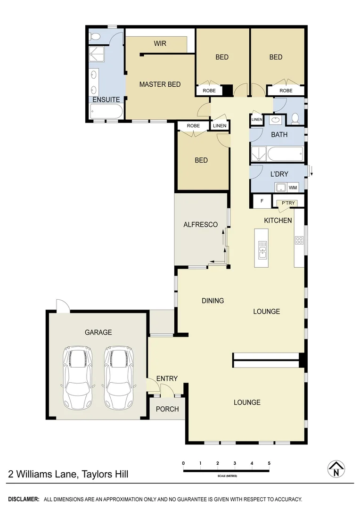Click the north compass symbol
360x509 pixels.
(x=336, y=469)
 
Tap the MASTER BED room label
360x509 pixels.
(x=160, y=84)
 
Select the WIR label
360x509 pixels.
(x=160, y=44)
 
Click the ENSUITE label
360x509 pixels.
(x=106, y=99)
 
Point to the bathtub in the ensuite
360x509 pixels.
(x=106, y=113)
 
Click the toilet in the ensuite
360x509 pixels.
(x=95, y=36)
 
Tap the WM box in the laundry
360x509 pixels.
(x=293, y=188)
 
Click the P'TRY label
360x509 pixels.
(x=288, y=203)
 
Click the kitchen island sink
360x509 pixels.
(x=262, y=249)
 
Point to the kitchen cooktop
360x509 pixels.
(x=299, y=240)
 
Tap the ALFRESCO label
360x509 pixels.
(x=200, y=225)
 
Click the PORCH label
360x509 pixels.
(x=167, y=409)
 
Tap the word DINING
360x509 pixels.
(x=213, y=301)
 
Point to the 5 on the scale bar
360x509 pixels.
(x=269, y=464)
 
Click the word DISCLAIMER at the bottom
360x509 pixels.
(x=24, y=499)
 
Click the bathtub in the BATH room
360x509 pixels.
(x=285, y=154)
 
